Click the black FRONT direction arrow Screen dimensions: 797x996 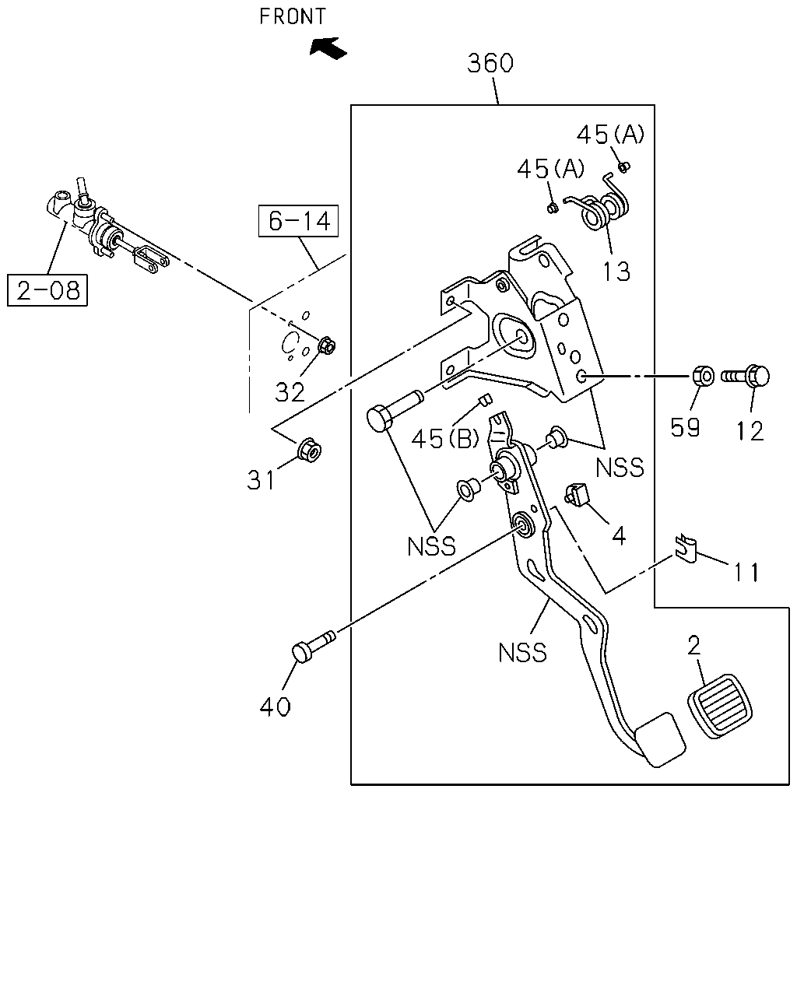click(x=328, y=47)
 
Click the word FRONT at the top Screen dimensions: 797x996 click(x=292, y=16)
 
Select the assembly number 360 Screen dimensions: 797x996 click(x=490, y=63)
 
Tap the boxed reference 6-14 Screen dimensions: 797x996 click(x=298, y=221)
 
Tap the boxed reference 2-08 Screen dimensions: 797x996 click(x=47, y=290)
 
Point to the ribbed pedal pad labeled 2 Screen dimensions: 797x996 click(x=721, y=705)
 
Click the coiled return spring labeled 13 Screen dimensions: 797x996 click(x=598, y=204)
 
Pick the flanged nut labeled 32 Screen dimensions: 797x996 click(x=326, y=345)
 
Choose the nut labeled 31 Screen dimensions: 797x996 click(x=309, y=450)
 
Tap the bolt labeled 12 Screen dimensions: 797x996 click(x=745, y=377)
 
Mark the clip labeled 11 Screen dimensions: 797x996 click(x=686, y=549)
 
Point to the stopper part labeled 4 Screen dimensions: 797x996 click(x=576, y=494)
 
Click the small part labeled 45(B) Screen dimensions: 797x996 click(x=485, y=399)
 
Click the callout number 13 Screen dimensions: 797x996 click(x=616, y=272)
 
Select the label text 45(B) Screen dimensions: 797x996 click(x=445, y=439)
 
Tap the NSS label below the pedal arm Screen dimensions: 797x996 click(x=522, y=652)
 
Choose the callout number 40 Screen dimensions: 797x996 click(x=275, y=707)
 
